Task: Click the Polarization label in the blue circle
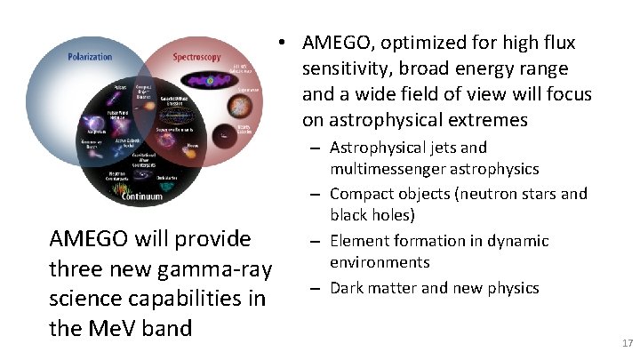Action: point(91,56)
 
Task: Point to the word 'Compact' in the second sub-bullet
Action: point(358,193)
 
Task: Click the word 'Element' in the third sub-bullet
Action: point(358,240)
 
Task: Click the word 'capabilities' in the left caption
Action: point(182,299)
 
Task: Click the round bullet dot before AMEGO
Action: point(280,44)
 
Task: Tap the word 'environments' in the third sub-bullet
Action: point(380,262)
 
